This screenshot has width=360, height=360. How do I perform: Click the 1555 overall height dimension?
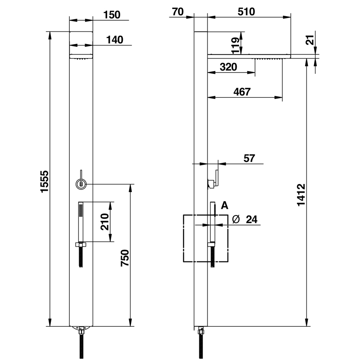[x=44, y=181]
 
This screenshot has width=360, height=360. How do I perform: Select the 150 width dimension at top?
[x=111, y=14]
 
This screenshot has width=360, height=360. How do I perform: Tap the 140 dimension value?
[x=115, y=40]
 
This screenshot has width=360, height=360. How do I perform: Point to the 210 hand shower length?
[x=105, y=222]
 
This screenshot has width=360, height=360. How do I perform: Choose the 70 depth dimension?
[x=177, y=12]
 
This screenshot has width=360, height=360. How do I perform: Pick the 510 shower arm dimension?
[x=247, y=12]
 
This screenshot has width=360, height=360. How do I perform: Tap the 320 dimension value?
[x=229, y=67]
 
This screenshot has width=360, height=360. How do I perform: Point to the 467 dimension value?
[x=242, y=92]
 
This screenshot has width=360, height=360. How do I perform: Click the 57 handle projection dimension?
[x=249, y=158]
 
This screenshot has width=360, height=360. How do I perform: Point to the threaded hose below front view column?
[x=81, y=344]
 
